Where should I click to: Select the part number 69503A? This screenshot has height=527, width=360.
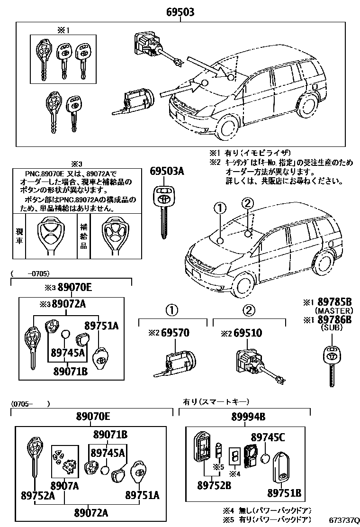[167, 172]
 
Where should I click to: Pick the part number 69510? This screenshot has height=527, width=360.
[248, 333]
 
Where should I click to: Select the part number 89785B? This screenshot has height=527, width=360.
[334, 302]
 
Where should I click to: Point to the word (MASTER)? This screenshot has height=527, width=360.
[334, 311]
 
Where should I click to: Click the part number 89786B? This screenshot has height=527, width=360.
[334, 319]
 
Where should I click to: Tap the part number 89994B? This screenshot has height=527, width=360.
[248, 417]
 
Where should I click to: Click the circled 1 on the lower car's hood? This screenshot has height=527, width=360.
[219, 208]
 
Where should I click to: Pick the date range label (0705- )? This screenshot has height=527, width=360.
[29, 404]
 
